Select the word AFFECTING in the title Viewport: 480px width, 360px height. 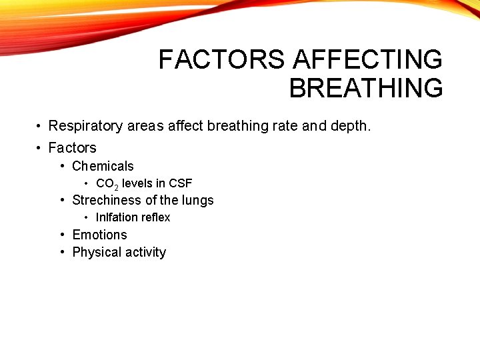368,60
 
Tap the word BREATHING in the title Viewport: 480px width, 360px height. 366,88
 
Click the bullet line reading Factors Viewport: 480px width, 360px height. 72,148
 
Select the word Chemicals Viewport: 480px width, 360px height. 103,167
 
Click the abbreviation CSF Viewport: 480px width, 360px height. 180,183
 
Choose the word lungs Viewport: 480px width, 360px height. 197,200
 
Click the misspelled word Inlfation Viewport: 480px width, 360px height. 117,217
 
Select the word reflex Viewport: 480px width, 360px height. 155,217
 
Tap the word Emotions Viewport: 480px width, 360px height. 99,235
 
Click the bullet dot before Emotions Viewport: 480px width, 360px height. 62,235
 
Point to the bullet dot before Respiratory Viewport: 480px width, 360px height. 40,126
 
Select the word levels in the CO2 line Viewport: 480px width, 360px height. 137,183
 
